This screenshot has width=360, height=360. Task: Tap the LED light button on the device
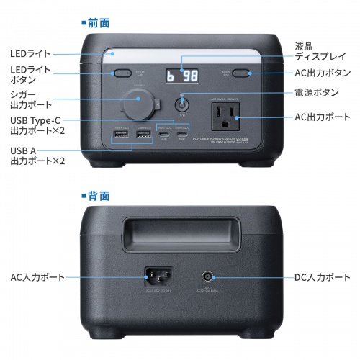pyautogui.click(x=119, y=73)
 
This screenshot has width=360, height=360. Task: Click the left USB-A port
pyautogui.click(x=120, y=135)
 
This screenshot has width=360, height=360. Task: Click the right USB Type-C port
pyautogui.click(x=185, y=135)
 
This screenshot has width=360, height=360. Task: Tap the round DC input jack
pyautogui.click(x=210, y=276)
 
